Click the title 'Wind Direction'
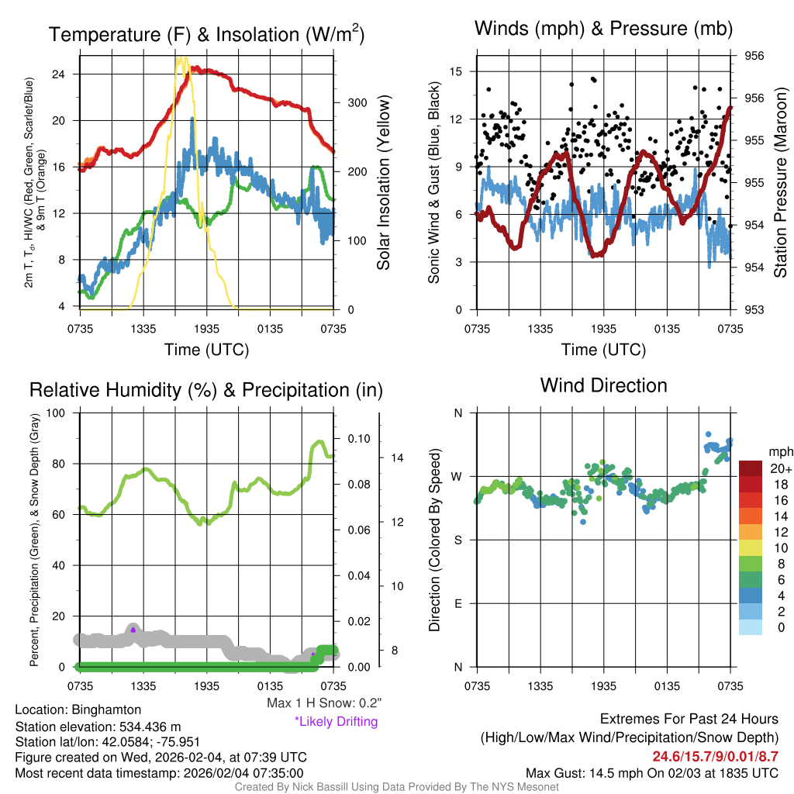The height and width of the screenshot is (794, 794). tap(603, 385)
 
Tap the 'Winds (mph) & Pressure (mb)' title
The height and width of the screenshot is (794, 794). tap(603, 29)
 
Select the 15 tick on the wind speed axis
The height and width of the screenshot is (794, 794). tap(456, 71)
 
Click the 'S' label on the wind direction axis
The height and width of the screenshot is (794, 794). tap(458, 540)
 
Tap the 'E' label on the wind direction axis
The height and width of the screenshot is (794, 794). tap(458, 603)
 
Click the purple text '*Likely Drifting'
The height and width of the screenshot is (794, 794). tap(336, 722)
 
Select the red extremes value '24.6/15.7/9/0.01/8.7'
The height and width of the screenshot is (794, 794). tap(715, 757)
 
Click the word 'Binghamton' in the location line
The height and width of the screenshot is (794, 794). tap(106, 709)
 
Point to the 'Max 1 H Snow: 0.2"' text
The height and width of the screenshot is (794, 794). tap(323, 703)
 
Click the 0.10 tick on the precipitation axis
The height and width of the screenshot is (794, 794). tap(358, 439)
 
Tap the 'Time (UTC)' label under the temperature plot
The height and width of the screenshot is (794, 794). tap(206, 350)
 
